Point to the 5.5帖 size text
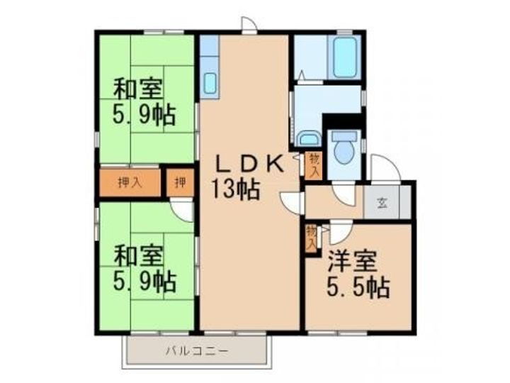[x=358, y=287]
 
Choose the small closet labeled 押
[x=180, y=182]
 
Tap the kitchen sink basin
[x=210, y=84]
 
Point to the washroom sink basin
[x=308, y=139]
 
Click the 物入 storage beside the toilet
[x=313, y=165]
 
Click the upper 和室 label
[x=138, y=91]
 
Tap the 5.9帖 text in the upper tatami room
[x=144, y=114]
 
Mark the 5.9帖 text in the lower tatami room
[x=144, y=281]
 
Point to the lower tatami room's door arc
[x=182, y=209]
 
